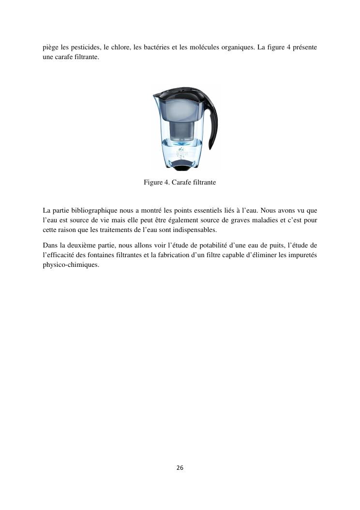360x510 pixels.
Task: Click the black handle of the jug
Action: [212, 121]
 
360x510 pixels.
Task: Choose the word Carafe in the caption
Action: [181, 183]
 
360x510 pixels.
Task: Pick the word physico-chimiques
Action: [71, 264]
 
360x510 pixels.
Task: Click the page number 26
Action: [180, 468]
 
